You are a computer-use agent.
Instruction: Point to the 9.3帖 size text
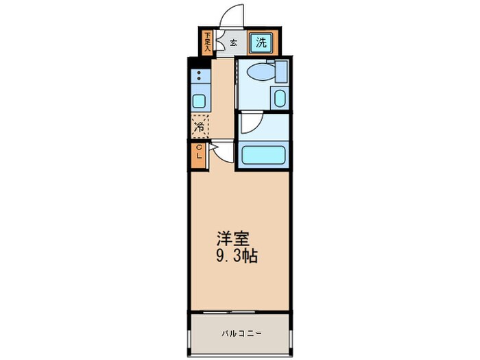click(x=237, y=257)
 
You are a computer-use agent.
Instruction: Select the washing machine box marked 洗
click(x=261, y=43)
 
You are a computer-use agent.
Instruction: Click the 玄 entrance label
click(x=233, y=43)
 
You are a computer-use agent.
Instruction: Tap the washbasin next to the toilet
click(x=279, y=97)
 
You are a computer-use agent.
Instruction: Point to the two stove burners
click(x=199, y=76)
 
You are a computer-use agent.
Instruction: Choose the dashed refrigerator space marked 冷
click(x=200, y=126)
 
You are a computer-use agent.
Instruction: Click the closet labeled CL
click(x=199, y=153)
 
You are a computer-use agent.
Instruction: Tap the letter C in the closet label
click(x=199, y=148)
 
